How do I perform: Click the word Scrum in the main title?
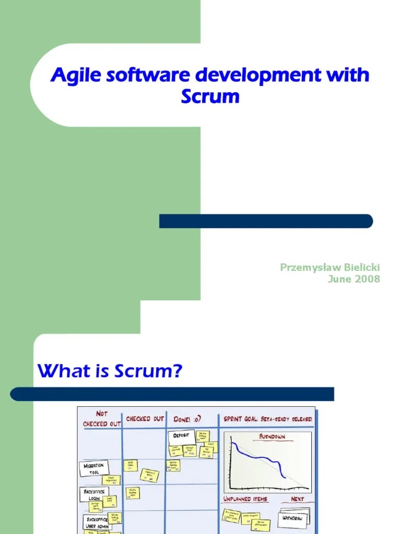(210, 97)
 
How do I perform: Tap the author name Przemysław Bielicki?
(330, 268)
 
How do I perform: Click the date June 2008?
(353, 279)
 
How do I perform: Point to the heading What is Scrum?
(110, 372)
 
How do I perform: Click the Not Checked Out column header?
(102, 419)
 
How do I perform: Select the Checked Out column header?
(145, 419)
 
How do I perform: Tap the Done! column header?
(187, 419)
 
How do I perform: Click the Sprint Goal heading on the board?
(268, 419)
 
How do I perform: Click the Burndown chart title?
(272, 437)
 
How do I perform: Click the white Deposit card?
(181, 435)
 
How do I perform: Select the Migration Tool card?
(94, 468)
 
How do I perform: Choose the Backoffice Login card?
(94, 494)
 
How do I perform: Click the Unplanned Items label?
(245, 499)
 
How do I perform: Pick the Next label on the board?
(297, 499)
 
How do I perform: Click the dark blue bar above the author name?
(266, 221)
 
